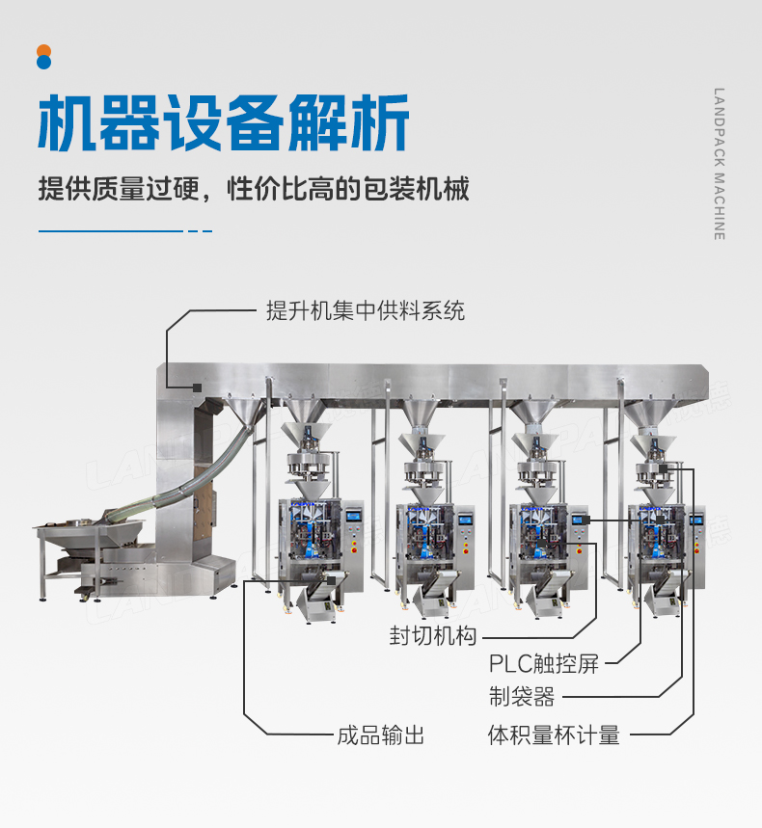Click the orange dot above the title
43,50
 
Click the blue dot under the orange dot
43,63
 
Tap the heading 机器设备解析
223,122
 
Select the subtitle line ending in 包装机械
254,188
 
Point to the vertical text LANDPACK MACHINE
719,164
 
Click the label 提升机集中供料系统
366,310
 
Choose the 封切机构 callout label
433,637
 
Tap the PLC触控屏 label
543,664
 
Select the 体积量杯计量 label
554,735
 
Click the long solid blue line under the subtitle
110,231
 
